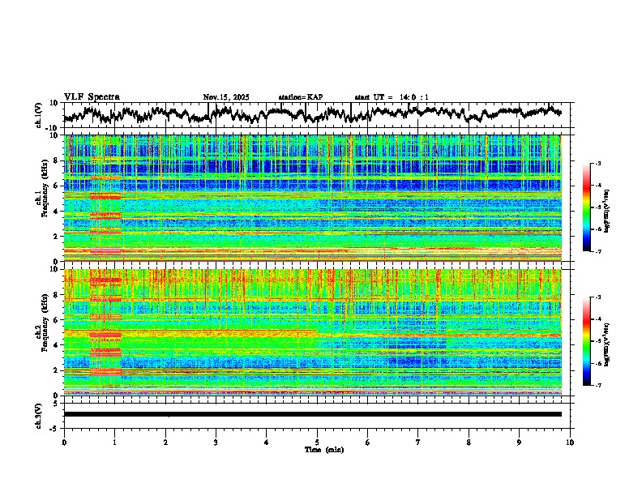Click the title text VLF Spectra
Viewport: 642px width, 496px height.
click(92, 97)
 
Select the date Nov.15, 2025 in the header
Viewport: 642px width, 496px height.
click(226, 97)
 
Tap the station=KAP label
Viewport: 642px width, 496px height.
click(300, 97)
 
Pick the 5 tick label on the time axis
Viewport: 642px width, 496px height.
click(317, 441)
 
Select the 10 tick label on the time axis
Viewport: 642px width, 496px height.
click(570, 441)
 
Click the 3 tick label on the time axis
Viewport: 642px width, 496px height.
click(216, 441)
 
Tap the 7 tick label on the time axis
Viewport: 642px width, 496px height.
click(418, 441)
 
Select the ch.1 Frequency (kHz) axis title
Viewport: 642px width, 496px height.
click(41, 198)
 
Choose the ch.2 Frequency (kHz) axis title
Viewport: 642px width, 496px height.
click(41, 332)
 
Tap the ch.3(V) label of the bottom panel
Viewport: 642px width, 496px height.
click(40, 414)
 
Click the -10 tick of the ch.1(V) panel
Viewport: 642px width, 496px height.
click(51, 128)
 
